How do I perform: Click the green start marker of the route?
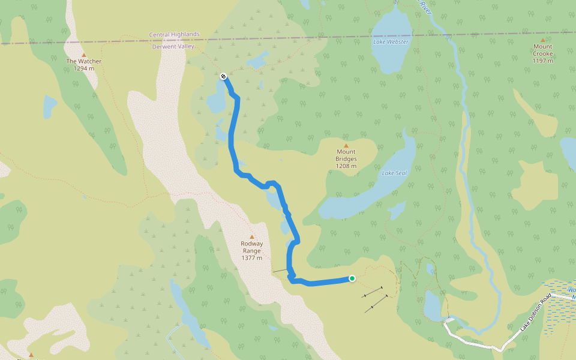(x=352, y=278)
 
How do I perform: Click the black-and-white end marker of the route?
(x=223, y=76)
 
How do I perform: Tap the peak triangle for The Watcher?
(x=83, y=55)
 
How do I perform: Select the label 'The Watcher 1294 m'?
(x=84, y=65)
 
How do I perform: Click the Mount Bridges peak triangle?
(x=346, y=145)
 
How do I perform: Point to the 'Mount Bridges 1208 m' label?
(x=346, y=159)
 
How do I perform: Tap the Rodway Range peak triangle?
(x=251, y=237)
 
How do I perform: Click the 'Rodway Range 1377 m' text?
(x=251, y=251)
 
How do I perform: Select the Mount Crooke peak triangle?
(x=542, y=40)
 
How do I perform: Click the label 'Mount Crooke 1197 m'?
(x=542, y=53)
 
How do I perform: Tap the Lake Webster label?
(x=390, y=42)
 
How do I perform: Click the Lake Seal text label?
(x=394, y=173)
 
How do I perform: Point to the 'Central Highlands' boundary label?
(x=174, y=35)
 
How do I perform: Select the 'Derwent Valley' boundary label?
(x=173, y=46)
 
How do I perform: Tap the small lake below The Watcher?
(x=49, y=106)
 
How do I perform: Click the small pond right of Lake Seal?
(x=395, y=210)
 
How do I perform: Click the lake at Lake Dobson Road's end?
(x=433, y=305)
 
